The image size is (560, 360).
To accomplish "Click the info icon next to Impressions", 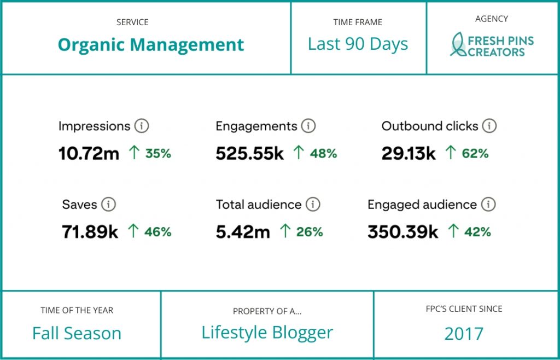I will click(x=142, y=126).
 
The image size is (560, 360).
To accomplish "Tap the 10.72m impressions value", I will click(x=89, y=154).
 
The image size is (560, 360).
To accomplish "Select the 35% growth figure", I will click(x=158, y=154).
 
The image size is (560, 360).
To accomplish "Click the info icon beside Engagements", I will click(x=308, y=126).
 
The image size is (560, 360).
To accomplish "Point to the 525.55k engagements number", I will click(x=249, y=154).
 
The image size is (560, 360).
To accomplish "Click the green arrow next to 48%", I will click(x=298, y=153).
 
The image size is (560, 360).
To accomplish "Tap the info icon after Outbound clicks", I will click(x=489, y=126).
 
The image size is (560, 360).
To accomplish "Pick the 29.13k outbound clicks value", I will click(x=409, y=154).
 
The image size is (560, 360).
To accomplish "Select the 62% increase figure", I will click(x=475, y=154).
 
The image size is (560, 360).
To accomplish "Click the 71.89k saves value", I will click(x=90, y=232).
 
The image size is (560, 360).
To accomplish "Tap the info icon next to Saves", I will click(x=108, y=205).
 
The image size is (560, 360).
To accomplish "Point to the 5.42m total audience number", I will click(x=243, y=232).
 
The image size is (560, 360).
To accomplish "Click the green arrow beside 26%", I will click(x=284, y=231).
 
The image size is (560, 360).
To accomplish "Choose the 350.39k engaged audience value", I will click(x=402, y=232).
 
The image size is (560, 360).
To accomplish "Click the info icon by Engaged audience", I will click(x=488, y=205).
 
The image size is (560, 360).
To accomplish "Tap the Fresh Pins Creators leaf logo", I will click(x=458, y=45).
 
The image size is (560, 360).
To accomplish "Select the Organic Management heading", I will click(x=151, y=45).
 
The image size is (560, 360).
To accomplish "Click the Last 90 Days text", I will click(x=358, y=44).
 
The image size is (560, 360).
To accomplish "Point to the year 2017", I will click(x=464, y=333).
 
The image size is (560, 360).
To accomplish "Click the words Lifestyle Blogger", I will click(x=267, y=332).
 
